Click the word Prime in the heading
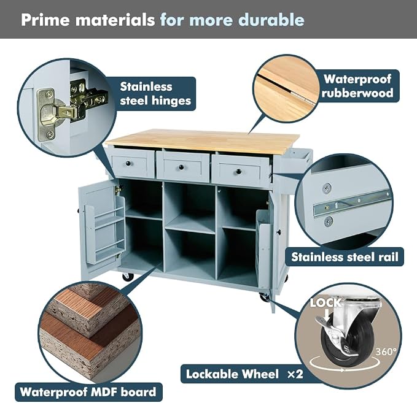point(47,20)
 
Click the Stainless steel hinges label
point(155,94)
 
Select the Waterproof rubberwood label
point(357,86)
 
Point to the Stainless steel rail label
point(345,257)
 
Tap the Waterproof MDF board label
point(88,392)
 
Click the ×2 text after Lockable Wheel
point(295,374)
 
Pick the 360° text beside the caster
point(386,351)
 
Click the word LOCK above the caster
point(325,302)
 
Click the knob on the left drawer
point(128,163)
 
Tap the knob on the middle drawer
point(181,167)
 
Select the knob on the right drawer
point(238,171)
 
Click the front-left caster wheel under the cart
point(128,277)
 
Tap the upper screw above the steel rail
point(327,188)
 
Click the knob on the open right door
point(278,232)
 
